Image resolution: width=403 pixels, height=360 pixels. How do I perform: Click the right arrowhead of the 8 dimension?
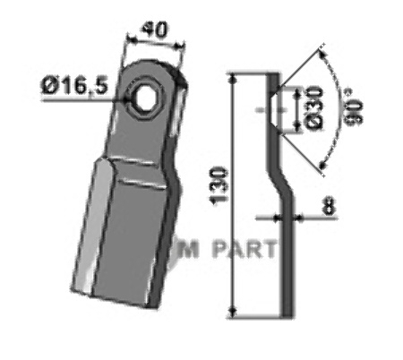coord(295,216)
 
